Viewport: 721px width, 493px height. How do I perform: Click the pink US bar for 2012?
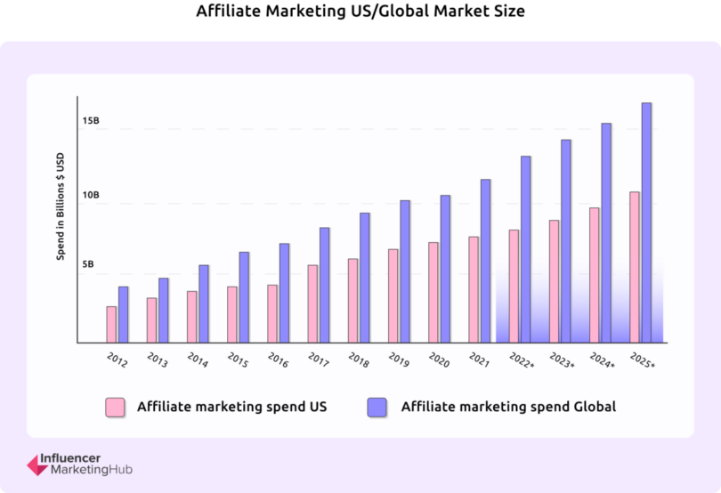(x=111, y=325)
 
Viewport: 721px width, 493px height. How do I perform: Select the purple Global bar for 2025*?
(x=646, y=222)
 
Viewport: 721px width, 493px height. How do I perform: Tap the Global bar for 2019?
(x=405, y=271)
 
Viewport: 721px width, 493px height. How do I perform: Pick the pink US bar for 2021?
(x=474, y=289)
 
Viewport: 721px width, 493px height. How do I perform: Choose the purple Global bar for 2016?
(x=284, y=293)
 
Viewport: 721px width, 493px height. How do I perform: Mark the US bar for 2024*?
(x=595, y=275)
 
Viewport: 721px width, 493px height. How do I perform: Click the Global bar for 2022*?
(x=526, y=249)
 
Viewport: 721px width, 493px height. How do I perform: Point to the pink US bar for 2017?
(x=312, y=303)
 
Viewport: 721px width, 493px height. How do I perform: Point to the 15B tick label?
(x=91, y=120)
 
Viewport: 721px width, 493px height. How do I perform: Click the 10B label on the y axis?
(x=91, y=195)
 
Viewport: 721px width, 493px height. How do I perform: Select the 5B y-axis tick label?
(x=89, y=265)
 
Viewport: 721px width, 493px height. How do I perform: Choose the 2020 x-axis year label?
(x=439, y=360)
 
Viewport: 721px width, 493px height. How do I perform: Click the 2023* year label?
(x=561, y=362)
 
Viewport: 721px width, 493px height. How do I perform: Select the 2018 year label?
(x=359, y=360)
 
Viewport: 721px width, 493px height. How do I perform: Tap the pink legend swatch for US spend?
(x=115, y=408)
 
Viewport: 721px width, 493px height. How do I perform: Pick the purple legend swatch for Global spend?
(x=377, y=408)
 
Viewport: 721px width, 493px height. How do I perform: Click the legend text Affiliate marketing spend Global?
(x=508, y=407)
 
